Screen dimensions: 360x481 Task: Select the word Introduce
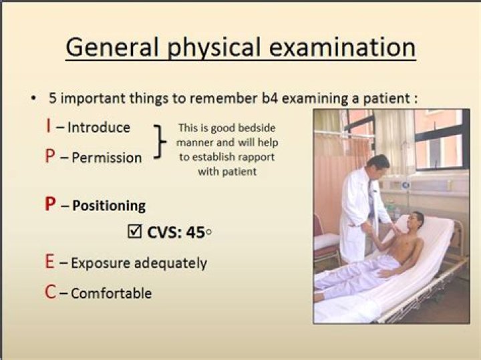99,128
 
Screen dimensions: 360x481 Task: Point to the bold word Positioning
108,205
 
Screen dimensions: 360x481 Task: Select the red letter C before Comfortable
51,293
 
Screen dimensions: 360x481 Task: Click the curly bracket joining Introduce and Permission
158,141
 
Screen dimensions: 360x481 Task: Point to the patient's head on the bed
414,221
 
